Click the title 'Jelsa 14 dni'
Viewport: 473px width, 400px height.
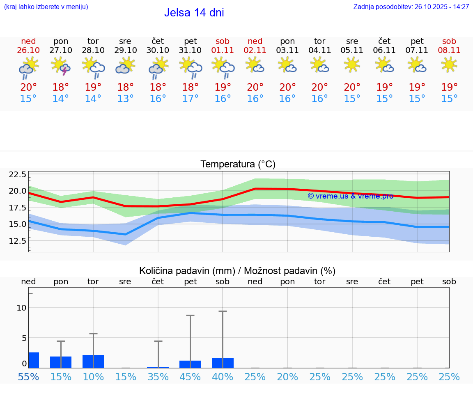[x=194, y=13]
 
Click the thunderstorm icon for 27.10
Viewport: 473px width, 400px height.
[x=61, y=66]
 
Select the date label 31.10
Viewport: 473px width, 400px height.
[x=190, y=50]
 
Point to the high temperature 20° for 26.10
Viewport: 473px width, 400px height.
[x=28, y=87]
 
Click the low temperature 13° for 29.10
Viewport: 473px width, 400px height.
[x=125, y=99]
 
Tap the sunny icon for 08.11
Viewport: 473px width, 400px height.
[x=449, y=64]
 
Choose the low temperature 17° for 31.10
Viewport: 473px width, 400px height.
[x=190, y=99]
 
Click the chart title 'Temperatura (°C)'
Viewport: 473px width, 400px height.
[x=238, y=165]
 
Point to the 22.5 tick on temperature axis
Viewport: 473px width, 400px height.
[x=17, y=175]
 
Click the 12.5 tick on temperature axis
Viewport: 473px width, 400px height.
[x=17, y=240]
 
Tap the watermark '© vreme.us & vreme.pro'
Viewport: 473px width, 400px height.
[x=350, y=196]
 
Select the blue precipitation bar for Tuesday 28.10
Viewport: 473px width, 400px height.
[x=93, y=361]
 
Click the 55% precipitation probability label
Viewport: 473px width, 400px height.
[x=28, y=377]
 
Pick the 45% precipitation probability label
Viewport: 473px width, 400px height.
[x=190, y=377]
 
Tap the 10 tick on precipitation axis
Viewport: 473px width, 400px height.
[x=21, y=308]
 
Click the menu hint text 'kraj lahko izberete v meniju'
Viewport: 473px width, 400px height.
[x=46, y=7]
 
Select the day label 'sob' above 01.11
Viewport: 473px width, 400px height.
[x=223, y=41]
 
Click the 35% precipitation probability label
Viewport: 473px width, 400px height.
[x=158, y=377]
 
